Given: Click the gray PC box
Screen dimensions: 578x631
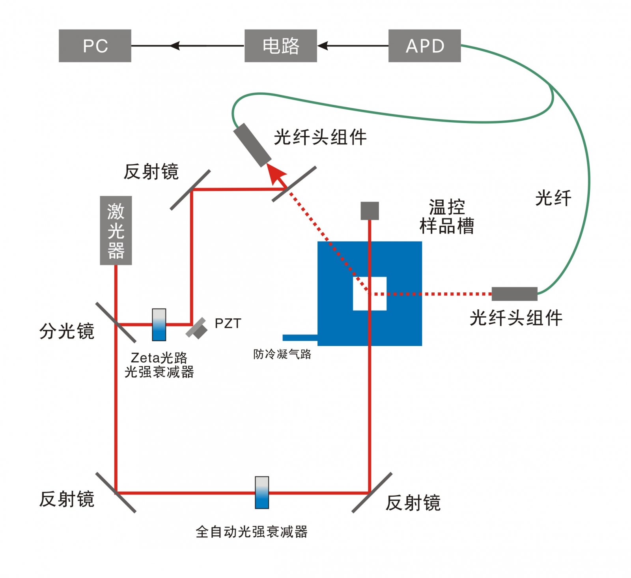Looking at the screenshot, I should click(95, 46).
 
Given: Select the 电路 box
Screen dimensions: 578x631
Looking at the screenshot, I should click(280, 46).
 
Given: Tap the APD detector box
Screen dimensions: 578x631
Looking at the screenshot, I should click(424, 46).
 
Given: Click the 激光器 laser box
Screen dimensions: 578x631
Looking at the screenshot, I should click(116, 230).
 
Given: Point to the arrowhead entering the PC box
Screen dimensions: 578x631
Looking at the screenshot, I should click(175, 46).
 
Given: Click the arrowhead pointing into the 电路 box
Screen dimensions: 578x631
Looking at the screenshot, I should click(323, 46).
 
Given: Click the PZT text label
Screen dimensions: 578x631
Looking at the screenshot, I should click(228, 324).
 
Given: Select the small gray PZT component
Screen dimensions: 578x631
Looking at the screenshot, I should click(197, 328).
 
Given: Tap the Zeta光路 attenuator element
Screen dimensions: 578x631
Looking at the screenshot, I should click(159, 325).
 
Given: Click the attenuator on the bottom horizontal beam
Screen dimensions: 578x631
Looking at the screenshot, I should click(262, 492).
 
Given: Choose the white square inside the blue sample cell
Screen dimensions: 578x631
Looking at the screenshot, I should click(370, 294).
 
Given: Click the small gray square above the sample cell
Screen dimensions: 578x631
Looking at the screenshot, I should click(370, 211).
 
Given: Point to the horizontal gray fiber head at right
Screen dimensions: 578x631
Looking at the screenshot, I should click(514, 294).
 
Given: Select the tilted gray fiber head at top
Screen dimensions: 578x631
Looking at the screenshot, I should click(252, 145).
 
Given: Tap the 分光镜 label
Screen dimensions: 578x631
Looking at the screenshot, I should click(67, 331).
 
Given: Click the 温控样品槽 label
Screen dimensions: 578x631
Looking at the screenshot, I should click(446, 217).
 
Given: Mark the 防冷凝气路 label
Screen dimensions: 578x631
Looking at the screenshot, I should click(282, 354).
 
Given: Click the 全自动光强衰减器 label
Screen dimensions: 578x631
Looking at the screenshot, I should click(252, 532).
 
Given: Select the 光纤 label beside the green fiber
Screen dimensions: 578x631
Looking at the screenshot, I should click(553, 198).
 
